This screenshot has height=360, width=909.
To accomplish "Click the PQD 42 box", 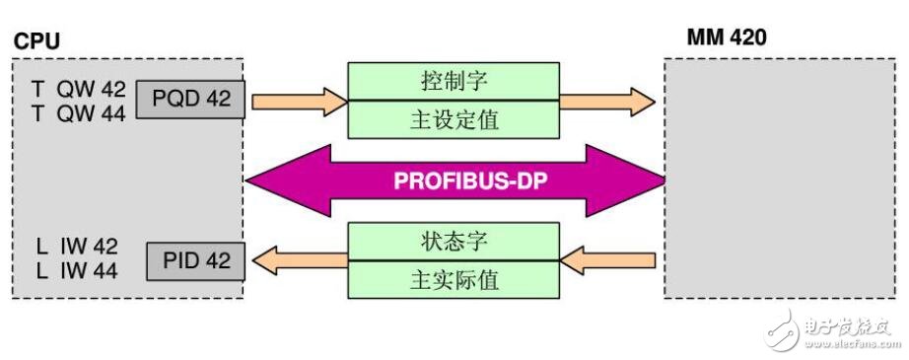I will pos(189,99).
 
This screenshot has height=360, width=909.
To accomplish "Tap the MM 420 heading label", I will pos(725,40).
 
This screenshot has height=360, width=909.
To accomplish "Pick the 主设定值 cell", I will pos(453,119).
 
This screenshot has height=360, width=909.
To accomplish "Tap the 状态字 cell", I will pos(453,240).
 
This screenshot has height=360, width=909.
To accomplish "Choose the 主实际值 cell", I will pos(453,279).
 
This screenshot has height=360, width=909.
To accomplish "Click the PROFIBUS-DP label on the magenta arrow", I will pos(455,181).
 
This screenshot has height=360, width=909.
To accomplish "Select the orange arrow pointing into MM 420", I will pos(607,100).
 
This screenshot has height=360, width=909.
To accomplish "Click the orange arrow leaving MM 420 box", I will pos(607,260).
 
